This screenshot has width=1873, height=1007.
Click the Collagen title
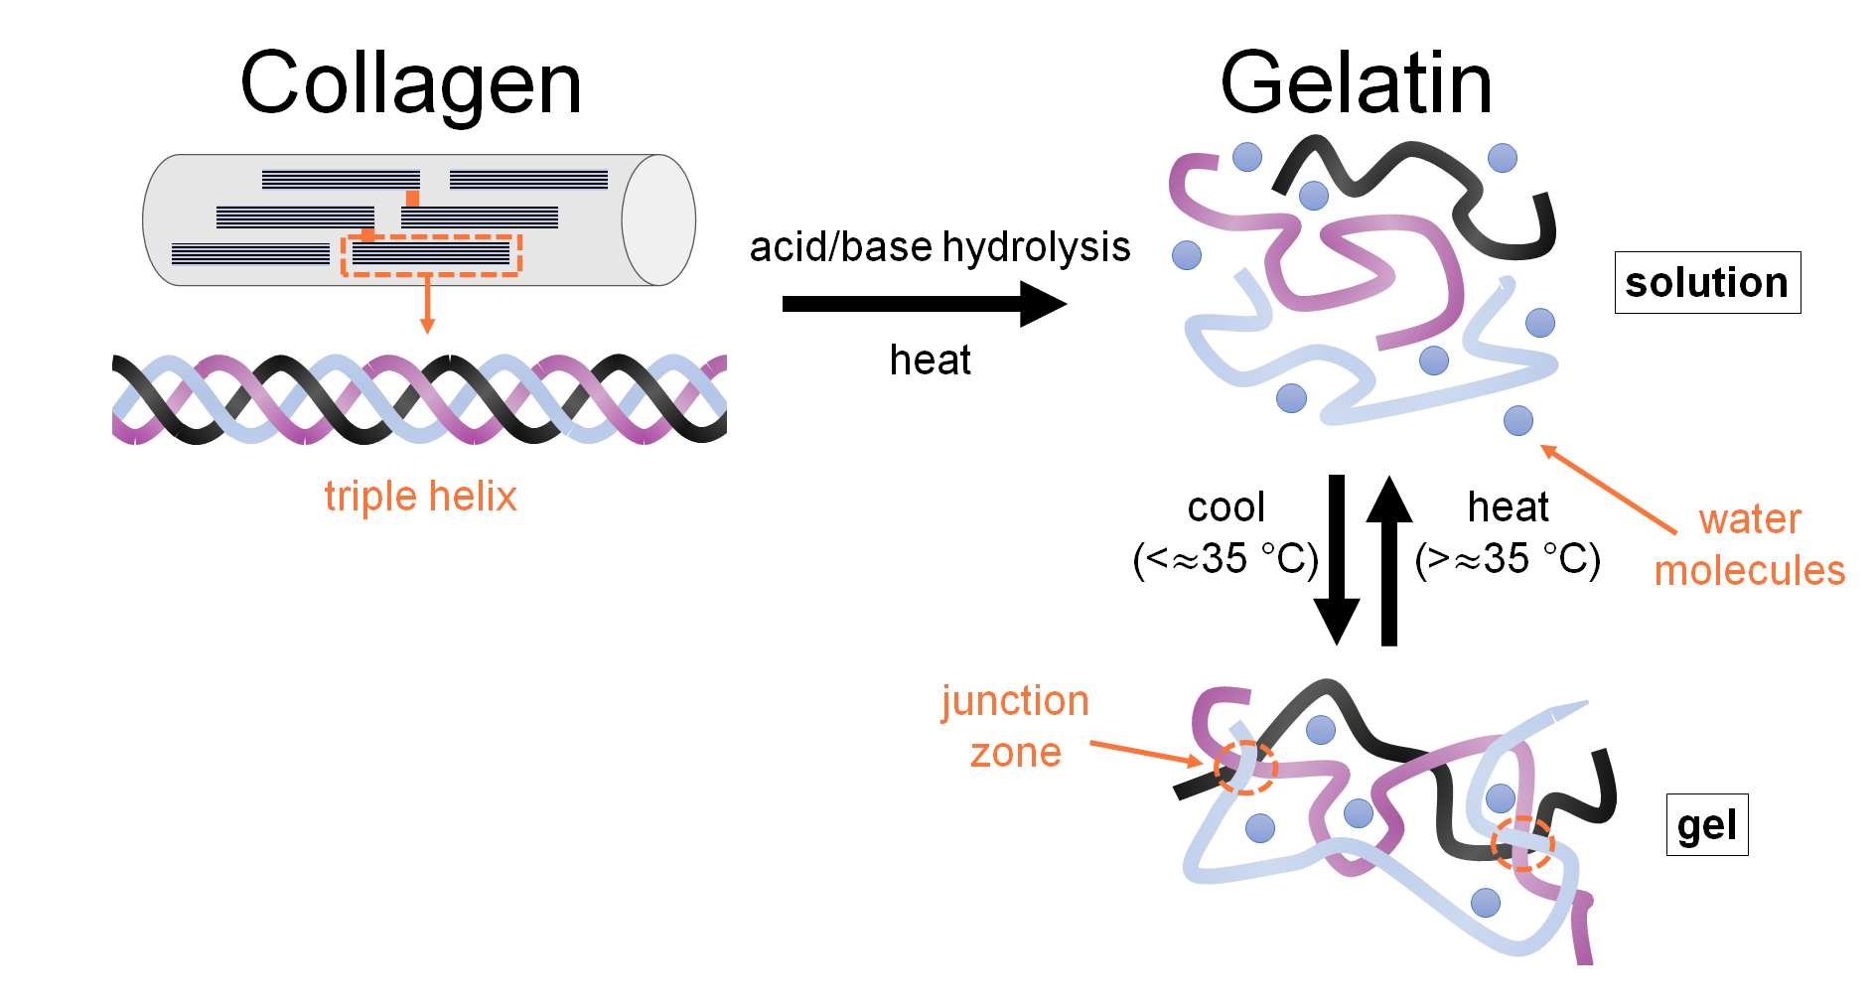coord(410,84)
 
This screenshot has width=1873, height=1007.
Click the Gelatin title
coord(1356,84)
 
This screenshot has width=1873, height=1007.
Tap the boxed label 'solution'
coord(1706,283)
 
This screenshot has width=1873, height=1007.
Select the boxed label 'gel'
coord(1706,825)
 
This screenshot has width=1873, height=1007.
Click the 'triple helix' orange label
coord(420,497)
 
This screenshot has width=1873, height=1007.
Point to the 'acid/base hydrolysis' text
coord(939,247)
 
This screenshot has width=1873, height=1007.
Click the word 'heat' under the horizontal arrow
coord(930,360)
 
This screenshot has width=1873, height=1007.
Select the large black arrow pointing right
coord(924,304)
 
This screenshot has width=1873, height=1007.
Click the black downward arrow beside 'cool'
coord(1337,561)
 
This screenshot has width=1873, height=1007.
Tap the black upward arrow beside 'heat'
coord(1388,561)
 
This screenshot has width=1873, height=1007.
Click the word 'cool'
coord(1225,507)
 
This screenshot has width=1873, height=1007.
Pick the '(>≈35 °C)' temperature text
coord(1507,560)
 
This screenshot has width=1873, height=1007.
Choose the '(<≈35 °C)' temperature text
coord(1225,560)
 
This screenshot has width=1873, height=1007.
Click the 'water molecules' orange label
coord(1749,545)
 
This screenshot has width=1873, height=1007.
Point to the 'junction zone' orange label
coord(1015,727)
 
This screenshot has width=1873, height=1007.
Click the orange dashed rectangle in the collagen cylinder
coord(431,255)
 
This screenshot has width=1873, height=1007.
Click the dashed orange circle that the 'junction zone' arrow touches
coord(1245,767)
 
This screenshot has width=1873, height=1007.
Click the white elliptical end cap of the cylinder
coord(658,220)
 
